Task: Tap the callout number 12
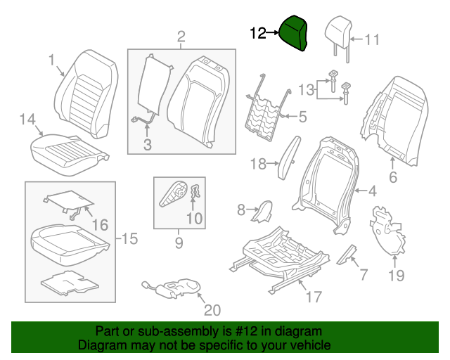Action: pyautogui.click(x=257, y=32)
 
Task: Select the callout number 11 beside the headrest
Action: pyautogui.click(x=372, y=40)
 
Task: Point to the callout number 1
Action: pyautogui.click(x=51, y=60)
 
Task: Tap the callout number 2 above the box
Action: pyautogui.click(x=181, y=37)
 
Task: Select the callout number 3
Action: pyautogui.click(x=147, y=146)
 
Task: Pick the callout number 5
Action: pyautogui.click(x=303, y=117)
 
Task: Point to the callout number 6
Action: pyautogui.click(x=393, y=178)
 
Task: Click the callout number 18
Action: pyautogui.click(x=259, y=165)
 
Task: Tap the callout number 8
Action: pyautogui.click(x=240, y=209)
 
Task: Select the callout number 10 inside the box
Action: pyautogui.click(x=194, y=219)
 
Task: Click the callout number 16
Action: pyautogui.click(x=100, y=225)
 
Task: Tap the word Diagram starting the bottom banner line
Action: pyautogui.click(x=101, y=346)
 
